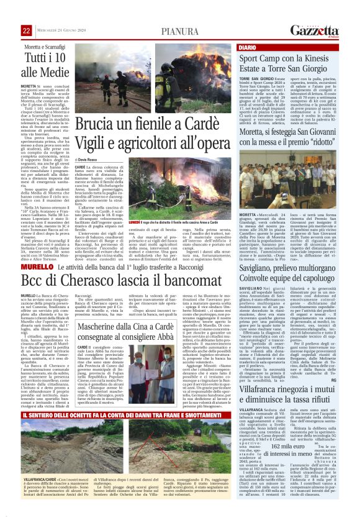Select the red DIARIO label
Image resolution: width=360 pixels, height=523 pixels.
tap(248, 47)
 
